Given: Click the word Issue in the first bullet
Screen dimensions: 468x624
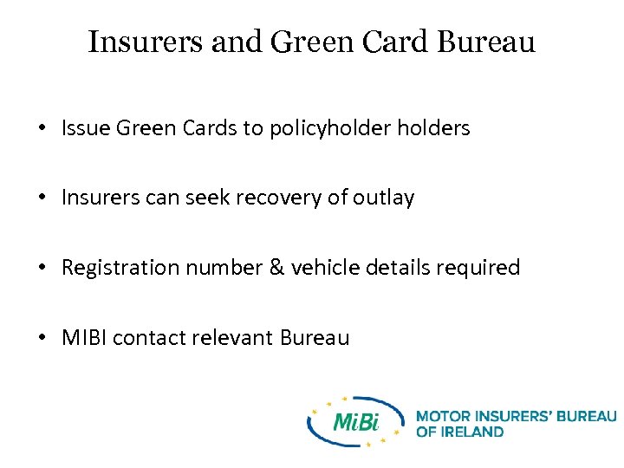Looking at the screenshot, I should (x=85, y=128).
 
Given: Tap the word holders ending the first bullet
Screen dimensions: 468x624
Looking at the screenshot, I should (x=433, y=128).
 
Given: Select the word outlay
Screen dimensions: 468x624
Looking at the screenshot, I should (x=384, y=198).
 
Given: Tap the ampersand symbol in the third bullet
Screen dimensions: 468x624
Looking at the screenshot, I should (x=276, y=268).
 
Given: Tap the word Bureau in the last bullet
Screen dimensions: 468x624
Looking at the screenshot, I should (x=315, y=337).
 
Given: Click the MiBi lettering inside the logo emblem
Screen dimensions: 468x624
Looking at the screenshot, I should (x=356, y=422).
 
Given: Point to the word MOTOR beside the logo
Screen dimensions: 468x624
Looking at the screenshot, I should (x=441, y=417).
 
